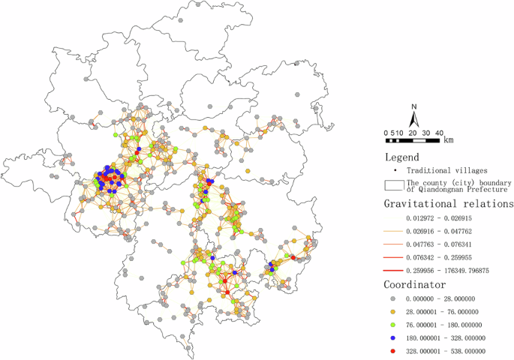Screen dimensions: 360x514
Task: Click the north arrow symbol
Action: click(413, 120)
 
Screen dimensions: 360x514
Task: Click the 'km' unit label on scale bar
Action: click(448, 139)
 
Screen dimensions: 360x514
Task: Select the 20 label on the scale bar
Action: click(412, 133)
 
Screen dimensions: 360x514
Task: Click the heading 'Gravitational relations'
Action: click(449, 203)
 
